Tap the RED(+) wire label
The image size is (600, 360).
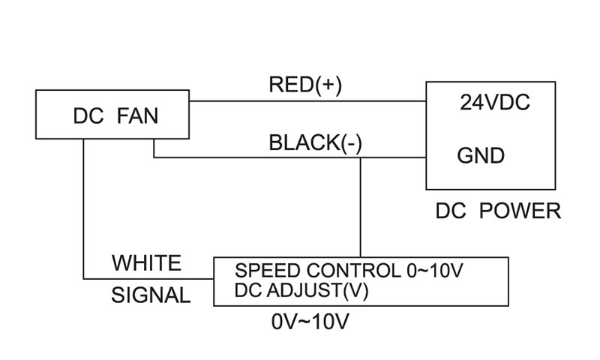(x=304, y=85)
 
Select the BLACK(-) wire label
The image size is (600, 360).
(x=315, y=142)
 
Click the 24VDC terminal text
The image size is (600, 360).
(x=494, y=103)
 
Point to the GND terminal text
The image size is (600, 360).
(x=481, y=157)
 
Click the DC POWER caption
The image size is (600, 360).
(x=498, y=211)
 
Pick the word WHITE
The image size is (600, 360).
(x=146, y=263)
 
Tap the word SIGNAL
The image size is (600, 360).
(x=151, y=295)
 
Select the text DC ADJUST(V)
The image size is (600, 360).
(x=301, y=290)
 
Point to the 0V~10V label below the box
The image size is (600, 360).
(x=310, y=322)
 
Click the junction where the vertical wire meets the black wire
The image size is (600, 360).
(x=361, y=157)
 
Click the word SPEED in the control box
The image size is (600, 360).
(x=262, y=271)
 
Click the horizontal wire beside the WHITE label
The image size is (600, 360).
(x=150, y=277)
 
